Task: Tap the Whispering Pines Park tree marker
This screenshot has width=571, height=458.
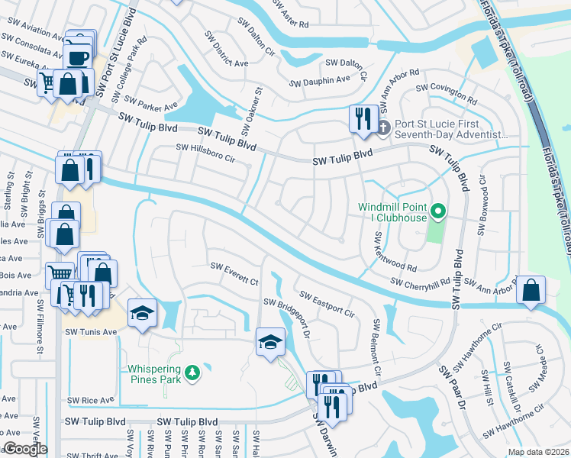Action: (x=195, y=372)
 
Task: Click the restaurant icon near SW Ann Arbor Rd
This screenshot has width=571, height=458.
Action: (x=362, y=119)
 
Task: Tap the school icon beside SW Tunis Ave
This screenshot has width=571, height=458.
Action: (x=142, y=313)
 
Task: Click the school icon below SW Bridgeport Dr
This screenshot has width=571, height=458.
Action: (x=269, y=342)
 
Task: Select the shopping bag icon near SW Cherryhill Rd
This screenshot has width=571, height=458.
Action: (x=530, y=291)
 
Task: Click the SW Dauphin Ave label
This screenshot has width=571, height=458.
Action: (x=320, y=81)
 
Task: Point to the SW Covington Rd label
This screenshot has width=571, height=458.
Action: (x=447, y=89)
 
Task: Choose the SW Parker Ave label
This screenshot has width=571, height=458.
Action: (x=151, y=102)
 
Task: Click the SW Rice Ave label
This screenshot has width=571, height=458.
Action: (x=90, y=400)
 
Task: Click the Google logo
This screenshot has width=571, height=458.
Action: (x=25, y=450)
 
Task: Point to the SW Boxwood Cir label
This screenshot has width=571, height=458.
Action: (x=482, y=217)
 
